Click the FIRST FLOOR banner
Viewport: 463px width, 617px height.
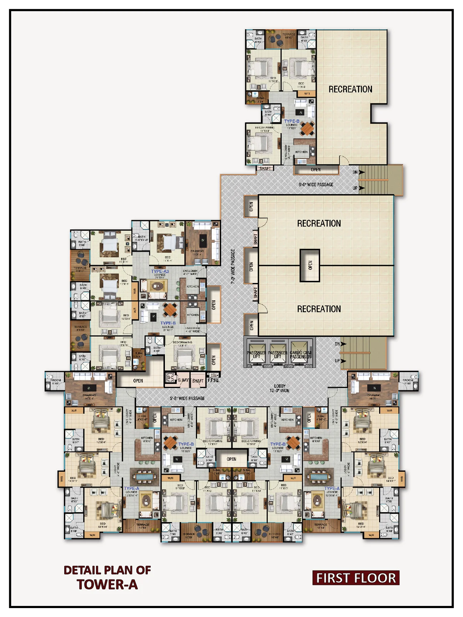coord(356,578)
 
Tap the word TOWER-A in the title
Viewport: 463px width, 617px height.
coord(107,585)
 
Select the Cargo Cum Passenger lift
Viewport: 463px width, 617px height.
coord(300,353)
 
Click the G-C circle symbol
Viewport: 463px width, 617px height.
coord(170,378)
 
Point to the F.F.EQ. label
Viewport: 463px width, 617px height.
coord(213,380)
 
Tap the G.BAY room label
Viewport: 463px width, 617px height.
coord(183,380)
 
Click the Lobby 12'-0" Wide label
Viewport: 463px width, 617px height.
coord(280,388)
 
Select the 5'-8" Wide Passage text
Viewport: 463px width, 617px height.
coord(187,398)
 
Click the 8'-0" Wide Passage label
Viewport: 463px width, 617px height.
coord(316,184)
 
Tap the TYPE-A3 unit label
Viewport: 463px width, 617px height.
coord(160,271)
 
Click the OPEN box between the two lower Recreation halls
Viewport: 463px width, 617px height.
coord(310,265)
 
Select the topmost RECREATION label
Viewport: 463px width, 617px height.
coord(350,89)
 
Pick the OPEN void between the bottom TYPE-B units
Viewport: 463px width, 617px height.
coord(231,459)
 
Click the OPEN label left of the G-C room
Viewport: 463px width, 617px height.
coord(138,381)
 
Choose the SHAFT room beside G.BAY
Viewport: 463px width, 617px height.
coord(198,381)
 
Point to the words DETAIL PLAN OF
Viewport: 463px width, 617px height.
coord(107,570)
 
